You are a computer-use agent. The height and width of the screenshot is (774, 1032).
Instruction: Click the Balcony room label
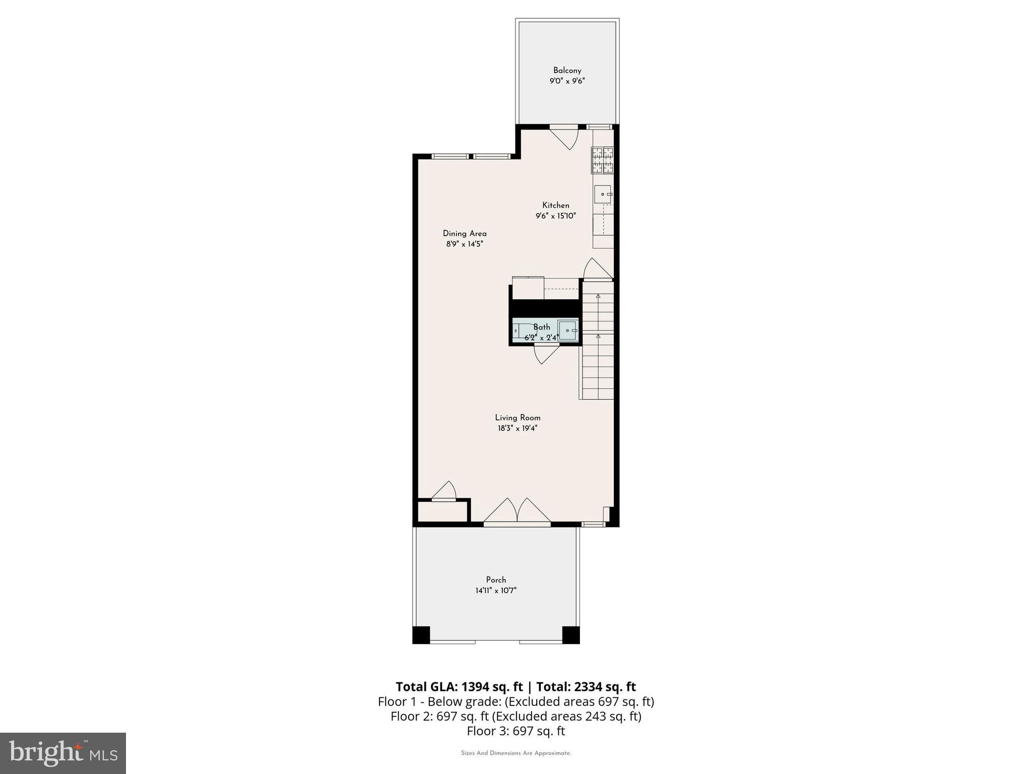tap(567, 71)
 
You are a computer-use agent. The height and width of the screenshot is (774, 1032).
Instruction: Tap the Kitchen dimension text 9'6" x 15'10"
tap(555, 216)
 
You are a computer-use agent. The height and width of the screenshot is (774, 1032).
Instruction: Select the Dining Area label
tap(465, 233)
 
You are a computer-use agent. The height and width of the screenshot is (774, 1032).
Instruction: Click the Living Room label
tap(518, 418)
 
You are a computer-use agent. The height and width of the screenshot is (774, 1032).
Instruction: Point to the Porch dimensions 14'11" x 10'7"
tap(496, 591)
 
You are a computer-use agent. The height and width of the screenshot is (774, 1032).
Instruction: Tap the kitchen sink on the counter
tap(603, 194)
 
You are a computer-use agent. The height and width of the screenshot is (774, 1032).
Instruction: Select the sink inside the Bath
tap(568, 331)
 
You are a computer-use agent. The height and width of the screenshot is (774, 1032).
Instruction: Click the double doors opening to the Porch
tap(517, 511)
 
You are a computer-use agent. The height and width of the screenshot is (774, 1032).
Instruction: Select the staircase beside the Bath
tap(598, 343)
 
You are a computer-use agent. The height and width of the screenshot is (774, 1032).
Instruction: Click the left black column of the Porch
tap(421, 634)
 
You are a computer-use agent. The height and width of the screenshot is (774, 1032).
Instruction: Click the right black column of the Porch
tap(571, 634)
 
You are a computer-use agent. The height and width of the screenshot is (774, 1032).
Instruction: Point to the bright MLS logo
tap(63, 753)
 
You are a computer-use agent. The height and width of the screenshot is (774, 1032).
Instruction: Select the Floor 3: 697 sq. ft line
tap(515, 731)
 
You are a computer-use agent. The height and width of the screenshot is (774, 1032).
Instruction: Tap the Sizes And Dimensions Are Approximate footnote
tap(515, 753)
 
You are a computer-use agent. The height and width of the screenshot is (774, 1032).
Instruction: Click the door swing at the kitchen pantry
tap(597, 269)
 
